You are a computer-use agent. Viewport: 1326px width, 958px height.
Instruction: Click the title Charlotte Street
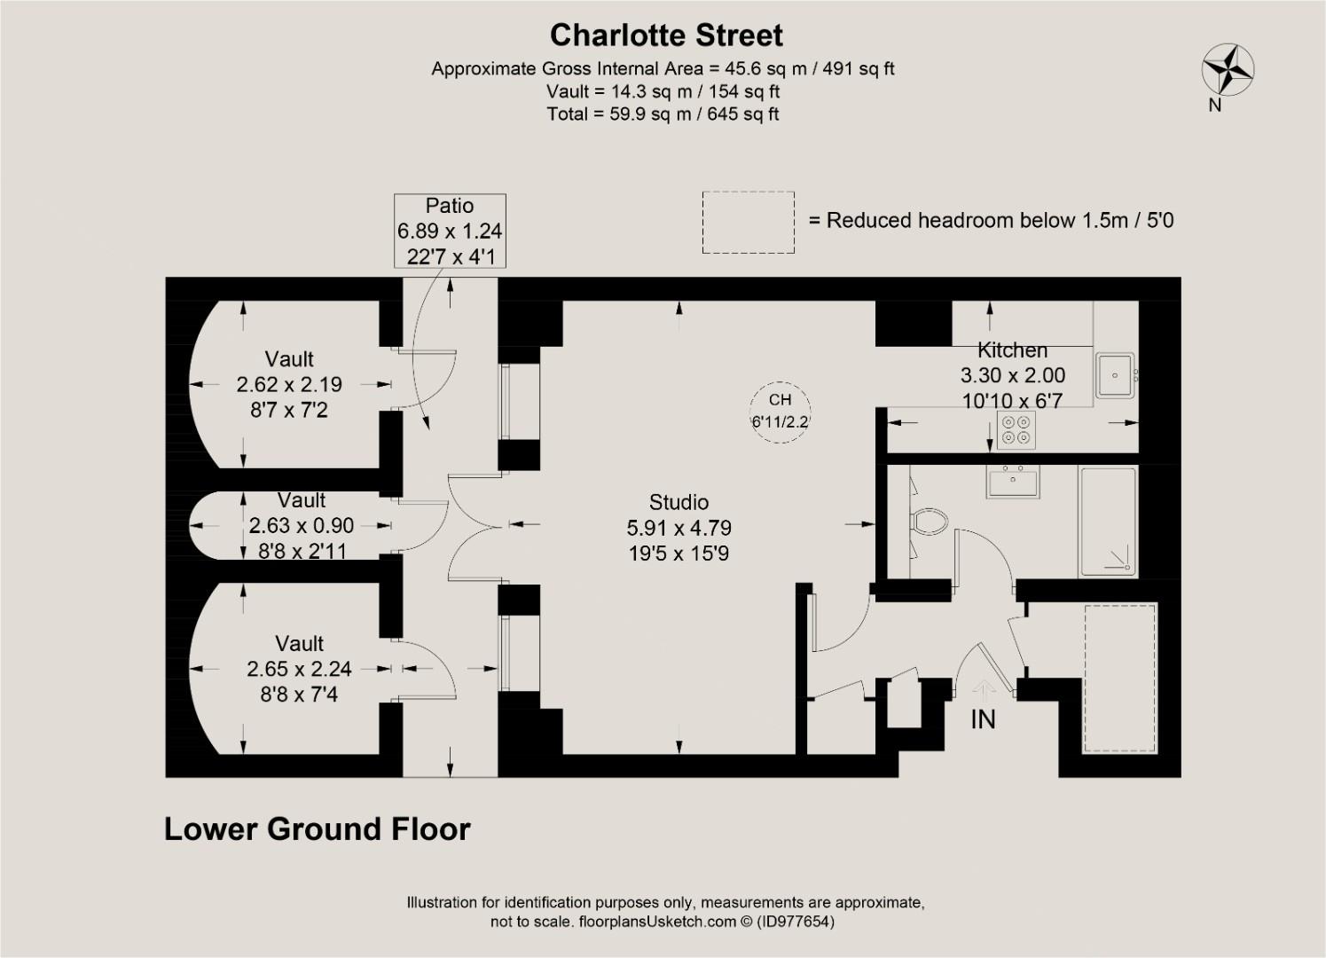coord(666,35)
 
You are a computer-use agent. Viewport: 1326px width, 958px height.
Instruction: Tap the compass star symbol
coord(1228,70)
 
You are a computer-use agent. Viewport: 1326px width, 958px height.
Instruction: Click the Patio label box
coord(450,231)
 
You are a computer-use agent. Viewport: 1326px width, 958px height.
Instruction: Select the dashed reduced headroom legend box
coord(748,223)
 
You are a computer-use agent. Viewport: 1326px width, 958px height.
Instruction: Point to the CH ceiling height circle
coord(780,411)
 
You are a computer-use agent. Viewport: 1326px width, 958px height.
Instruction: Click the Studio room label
coord(679,502)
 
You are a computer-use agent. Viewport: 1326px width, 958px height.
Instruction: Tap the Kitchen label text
coord(1012,350)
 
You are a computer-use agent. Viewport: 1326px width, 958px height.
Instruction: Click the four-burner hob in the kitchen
coord(1016,430)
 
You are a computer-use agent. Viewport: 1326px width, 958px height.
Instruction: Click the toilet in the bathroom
coord(928,521)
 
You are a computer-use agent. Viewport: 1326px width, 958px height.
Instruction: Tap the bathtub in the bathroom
coord(1107,522)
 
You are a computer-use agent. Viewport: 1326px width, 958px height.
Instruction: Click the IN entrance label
coord(983,719)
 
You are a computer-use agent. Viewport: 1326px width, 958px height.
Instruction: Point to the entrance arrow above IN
coord(983,689)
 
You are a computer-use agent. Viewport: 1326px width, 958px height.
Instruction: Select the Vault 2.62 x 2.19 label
coord(289,384)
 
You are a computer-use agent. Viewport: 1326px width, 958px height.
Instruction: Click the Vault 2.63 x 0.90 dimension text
coord(302,526)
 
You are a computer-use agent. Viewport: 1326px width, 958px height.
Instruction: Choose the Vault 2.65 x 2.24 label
coord(299,669)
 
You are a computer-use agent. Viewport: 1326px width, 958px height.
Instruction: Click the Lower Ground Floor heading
coord(318,829)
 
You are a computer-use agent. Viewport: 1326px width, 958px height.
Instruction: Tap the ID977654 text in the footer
coord(795,922)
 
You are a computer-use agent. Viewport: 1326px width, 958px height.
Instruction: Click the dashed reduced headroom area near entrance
coord(1120,679)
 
